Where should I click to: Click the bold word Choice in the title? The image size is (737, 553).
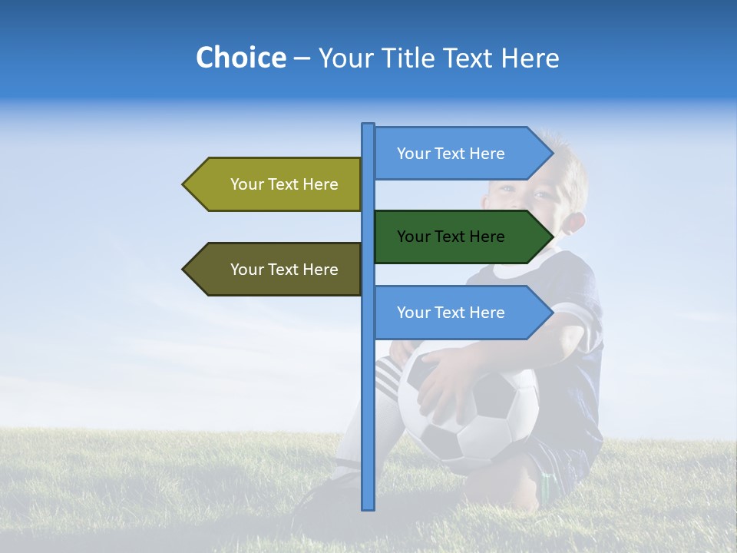point(240,58)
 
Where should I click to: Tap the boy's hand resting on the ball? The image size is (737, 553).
point(441,388)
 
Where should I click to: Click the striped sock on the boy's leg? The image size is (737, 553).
point(387,376)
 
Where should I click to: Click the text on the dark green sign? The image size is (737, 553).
point(451,237)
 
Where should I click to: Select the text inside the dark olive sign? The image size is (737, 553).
point(284,270)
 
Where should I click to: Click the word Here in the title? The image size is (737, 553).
point(529,58)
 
